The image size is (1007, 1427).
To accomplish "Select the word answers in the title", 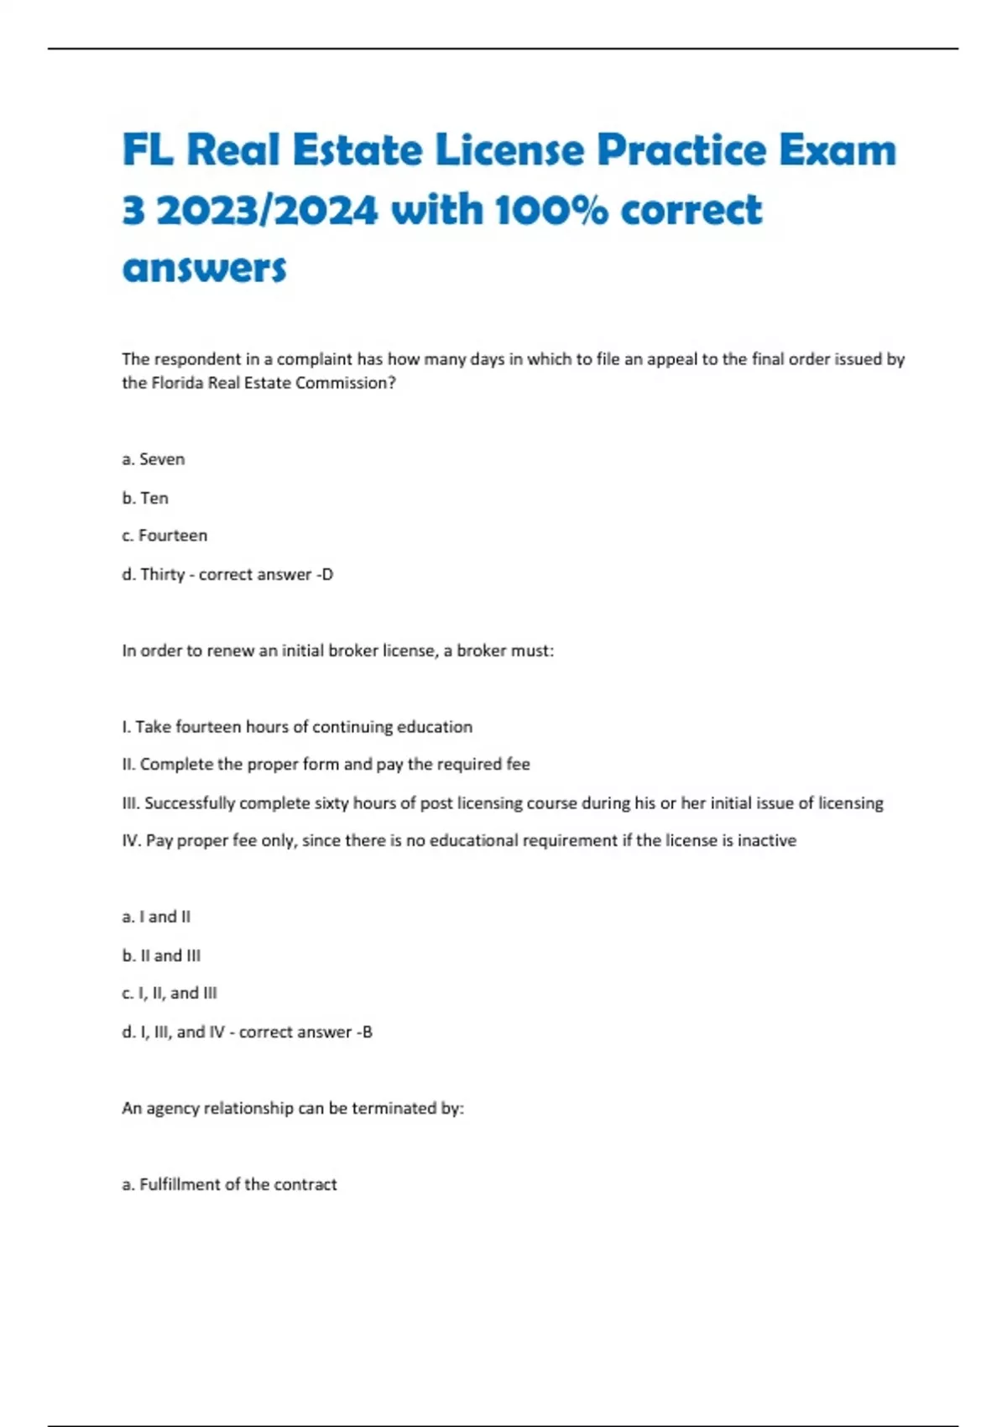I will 204,269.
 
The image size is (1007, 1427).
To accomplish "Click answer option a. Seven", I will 153,459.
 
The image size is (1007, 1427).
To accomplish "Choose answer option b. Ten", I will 145,498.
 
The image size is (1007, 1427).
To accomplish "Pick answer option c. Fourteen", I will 164,536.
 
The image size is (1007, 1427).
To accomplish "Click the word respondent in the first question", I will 196,359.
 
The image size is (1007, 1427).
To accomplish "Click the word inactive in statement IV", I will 766,840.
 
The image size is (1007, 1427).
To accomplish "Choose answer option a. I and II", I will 156,917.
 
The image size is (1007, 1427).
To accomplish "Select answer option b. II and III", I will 161,955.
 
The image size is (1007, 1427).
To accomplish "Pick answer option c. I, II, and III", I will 170,993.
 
